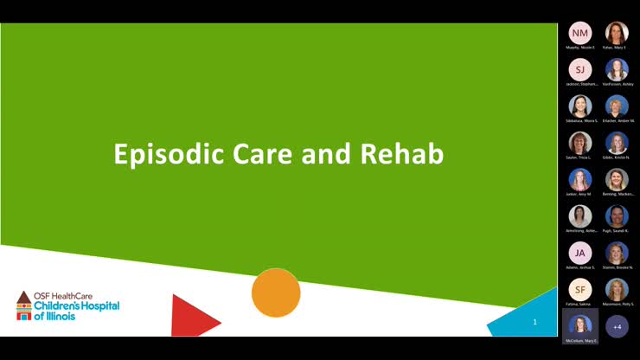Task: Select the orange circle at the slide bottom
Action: (276, 292)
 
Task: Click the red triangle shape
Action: (189, 316)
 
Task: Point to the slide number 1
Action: (534, 322)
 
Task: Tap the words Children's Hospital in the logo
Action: (76, 306)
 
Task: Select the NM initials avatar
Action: (580, 33)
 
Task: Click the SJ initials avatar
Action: (580, 69)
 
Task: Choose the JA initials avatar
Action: (580, 253)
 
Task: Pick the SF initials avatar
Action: (580, 290)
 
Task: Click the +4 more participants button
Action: (617, 326)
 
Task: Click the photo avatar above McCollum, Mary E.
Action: (580, 325)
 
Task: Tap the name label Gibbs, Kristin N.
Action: (617, 157)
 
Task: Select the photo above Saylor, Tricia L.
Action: (580, 143)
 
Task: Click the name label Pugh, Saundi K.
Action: (617, 231)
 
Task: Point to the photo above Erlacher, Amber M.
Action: (617, 106)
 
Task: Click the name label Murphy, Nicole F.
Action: (580, 48)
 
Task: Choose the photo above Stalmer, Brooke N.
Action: (617, 253)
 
